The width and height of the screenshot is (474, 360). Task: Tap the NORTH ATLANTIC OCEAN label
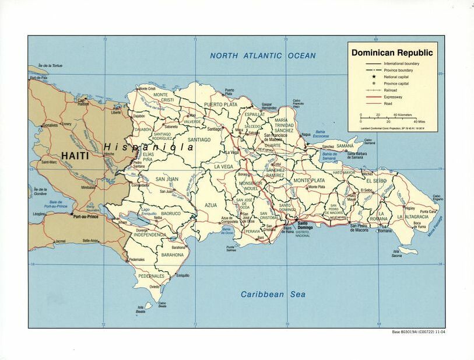pos(263,56)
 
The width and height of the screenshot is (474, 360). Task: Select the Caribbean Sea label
pos(273,295)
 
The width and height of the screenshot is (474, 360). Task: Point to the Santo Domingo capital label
pos(307,225)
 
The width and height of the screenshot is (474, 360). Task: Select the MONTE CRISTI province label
pos(164,97)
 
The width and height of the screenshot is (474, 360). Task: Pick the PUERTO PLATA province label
pos(220,106)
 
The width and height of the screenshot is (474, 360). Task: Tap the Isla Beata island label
pos(141,310)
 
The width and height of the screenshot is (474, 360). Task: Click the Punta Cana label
pos(428,212)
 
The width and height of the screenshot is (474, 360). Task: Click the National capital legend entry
pos(396,76)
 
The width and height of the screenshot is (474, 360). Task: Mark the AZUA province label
pos(211,205)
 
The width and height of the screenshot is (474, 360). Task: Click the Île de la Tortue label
pos(50,65)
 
